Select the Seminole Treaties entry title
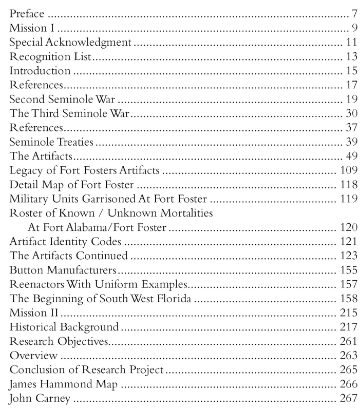click(49, 141)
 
